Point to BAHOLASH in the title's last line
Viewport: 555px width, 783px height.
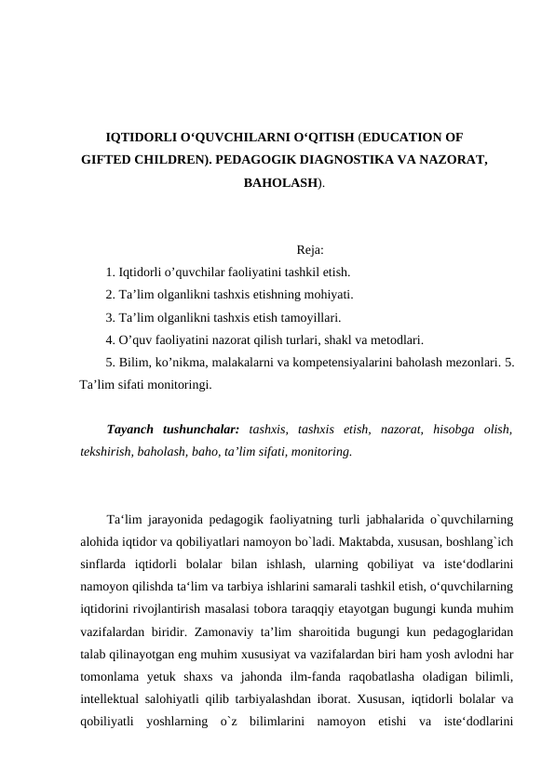(281, 183)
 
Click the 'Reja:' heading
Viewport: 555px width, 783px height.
(310, 249)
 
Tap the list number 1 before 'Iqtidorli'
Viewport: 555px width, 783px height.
(110, 272)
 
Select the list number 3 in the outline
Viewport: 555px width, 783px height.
(110, 317)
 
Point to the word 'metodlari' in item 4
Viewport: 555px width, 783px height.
(401, 339)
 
